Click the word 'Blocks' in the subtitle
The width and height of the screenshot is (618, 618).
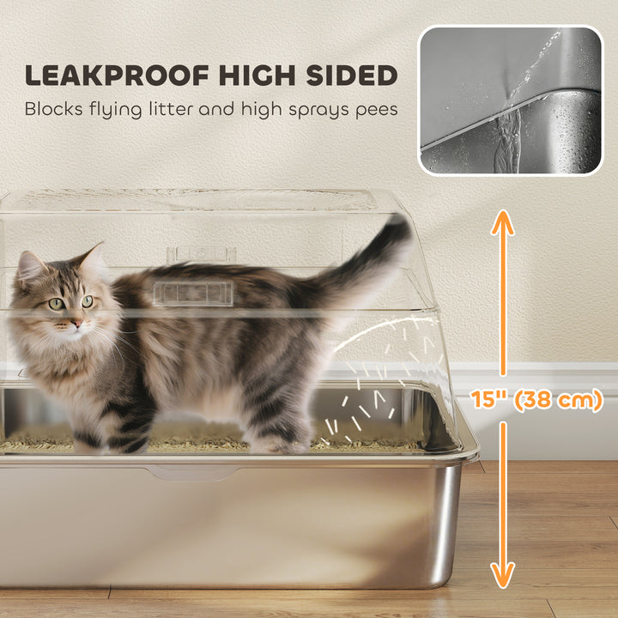(52, 110)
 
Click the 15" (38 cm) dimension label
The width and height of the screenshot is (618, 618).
(536, 400)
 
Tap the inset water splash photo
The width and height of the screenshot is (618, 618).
(511, 100)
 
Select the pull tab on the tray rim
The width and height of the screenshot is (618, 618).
(180, 472)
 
